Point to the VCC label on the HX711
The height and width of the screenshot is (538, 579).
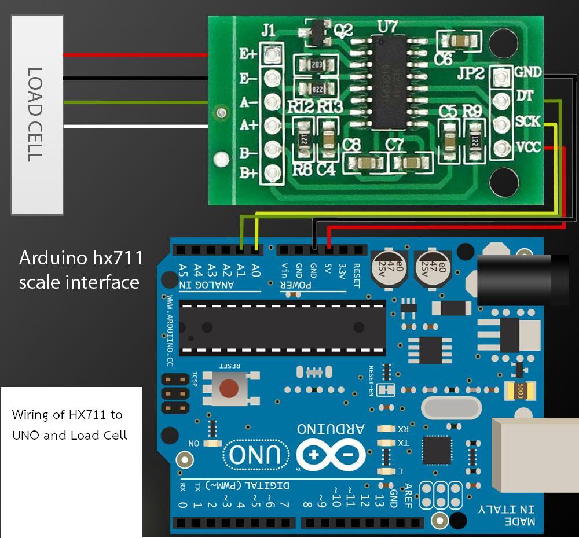tap(527, 147)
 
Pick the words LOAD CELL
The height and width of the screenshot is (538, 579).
tap(36, 115)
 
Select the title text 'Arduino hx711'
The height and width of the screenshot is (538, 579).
tap(80, 258)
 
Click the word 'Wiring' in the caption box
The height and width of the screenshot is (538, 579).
tap(31, 415)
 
